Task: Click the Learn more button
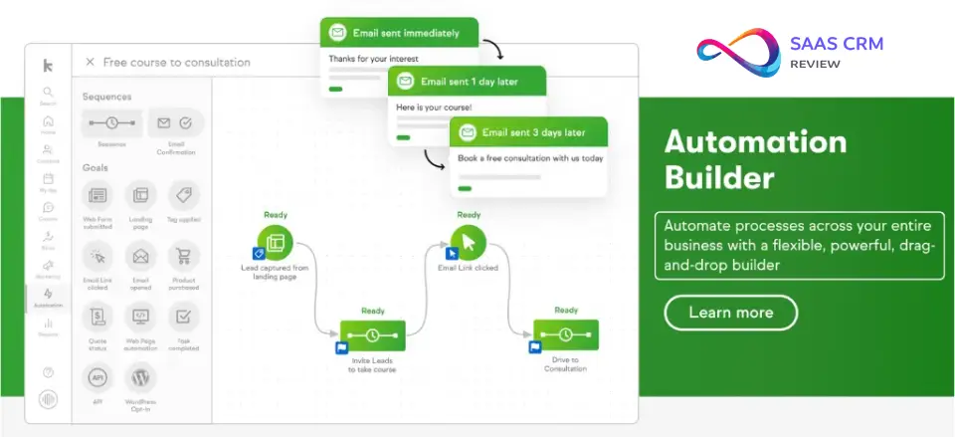click(x=730, y=313)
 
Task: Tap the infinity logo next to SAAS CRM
click(x=739, y=52)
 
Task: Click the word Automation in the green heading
click(x=755, y=141)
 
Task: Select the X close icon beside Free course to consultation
click(x=90, y=62)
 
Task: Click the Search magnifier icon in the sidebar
click(x=48, y=93)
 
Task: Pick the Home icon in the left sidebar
click(x=48, y=121)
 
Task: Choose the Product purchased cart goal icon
click(x=184, y=257)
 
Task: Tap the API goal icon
click(x=97, y=378)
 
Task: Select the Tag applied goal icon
click(x=184, y=194)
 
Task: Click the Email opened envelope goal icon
click(x=141, y=257)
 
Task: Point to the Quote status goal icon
click(x=97, y=318)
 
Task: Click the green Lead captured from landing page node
click(x=275, y=241)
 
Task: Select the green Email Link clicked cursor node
click(x=468, y=241)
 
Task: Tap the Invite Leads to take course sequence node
click(x=372, y=335)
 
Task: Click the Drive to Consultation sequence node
click(x=565, y=335)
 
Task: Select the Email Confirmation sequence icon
click(x=176, y=123)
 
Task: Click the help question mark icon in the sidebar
click(x=48, y=372)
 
